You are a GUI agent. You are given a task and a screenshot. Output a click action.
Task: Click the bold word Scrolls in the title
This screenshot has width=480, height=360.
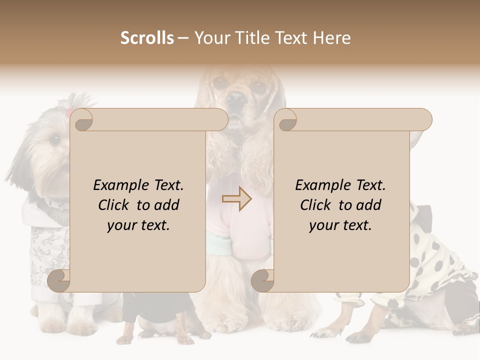click(x=147, y=38)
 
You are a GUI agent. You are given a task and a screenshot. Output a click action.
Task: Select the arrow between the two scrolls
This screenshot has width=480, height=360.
click(x=237, y=199)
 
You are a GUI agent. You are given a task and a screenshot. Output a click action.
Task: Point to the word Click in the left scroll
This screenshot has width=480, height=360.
click(x=114, y=205)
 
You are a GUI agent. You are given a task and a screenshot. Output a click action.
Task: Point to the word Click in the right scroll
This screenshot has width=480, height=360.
click(x=316, y=205)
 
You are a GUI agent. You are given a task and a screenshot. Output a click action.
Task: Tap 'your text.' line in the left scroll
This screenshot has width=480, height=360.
click(x=138, y=225)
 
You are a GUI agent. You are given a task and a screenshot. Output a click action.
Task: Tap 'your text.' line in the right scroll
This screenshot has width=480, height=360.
click(x=340, y=225)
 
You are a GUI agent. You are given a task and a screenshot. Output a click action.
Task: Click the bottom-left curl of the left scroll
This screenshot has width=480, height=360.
click(x=59, y=280)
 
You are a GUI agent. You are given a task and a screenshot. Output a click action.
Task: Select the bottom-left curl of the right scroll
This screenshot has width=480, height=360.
click(x=262, y=280)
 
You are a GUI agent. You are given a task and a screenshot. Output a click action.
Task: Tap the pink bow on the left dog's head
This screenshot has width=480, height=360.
click(x=68, y=111)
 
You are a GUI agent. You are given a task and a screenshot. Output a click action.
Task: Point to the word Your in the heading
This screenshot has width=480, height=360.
click(x=212, y=38)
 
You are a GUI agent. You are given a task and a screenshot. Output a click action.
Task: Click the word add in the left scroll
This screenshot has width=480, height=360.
click(x=167, y=205)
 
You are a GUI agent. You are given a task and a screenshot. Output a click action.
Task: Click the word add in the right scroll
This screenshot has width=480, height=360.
click(x=369, y=205)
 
